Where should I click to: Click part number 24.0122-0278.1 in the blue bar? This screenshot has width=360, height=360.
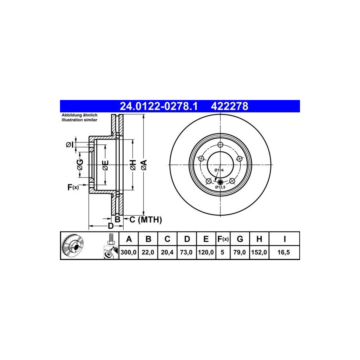(159, 106)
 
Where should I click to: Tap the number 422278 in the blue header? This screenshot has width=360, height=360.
(229, 106)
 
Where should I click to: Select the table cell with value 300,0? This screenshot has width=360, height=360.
(128, 252)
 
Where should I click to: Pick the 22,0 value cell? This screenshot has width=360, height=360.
(148, 252)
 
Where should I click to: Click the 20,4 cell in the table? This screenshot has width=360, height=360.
(167, 252)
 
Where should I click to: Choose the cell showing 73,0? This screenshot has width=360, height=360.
(186, 252)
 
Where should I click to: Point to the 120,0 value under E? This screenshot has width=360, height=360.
(206, 252)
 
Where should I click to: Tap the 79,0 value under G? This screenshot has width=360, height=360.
(240, 252)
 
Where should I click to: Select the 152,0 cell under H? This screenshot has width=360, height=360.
(259, 252)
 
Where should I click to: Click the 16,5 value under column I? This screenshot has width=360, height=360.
(284, 252)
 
